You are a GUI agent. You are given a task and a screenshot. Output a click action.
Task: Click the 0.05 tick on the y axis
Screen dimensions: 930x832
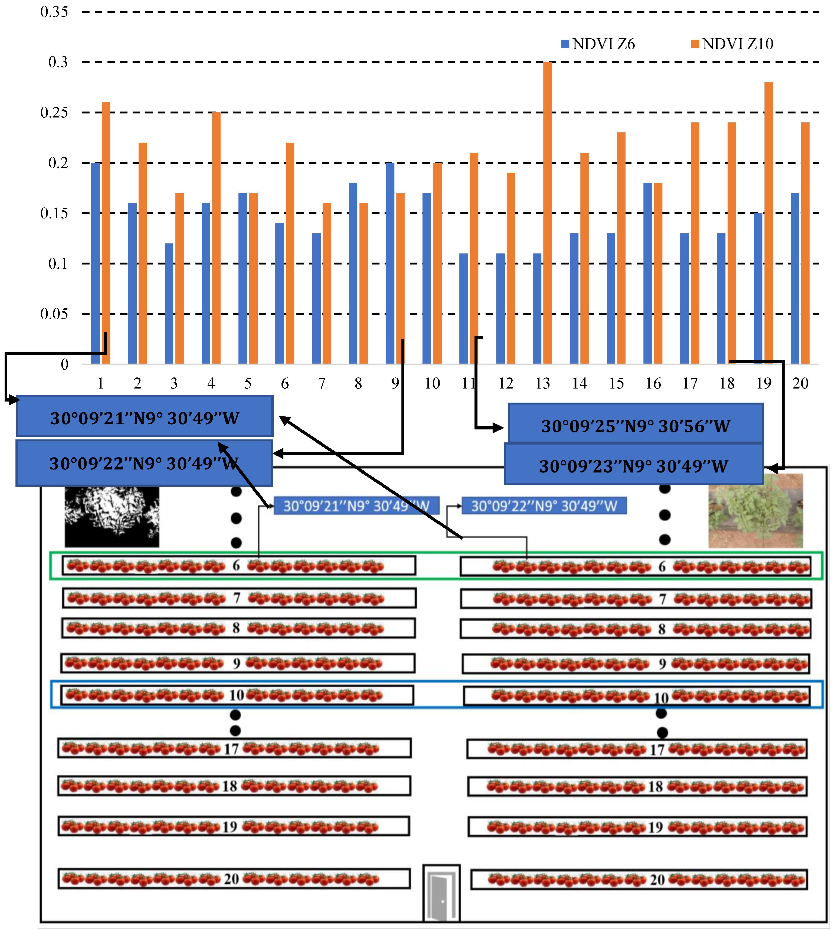tap(54, 314)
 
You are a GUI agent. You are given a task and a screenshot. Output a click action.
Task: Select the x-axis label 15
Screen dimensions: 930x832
tap(616, 383)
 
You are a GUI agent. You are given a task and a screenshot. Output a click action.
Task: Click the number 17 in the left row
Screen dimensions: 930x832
tap(231, 748)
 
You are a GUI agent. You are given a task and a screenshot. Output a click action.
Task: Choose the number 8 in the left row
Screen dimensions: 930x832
tap(236, 628)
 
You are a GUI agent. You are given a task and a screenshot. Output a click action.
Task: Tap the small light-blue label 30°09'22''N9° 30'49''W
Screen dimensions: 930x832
tap(544, 506)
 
